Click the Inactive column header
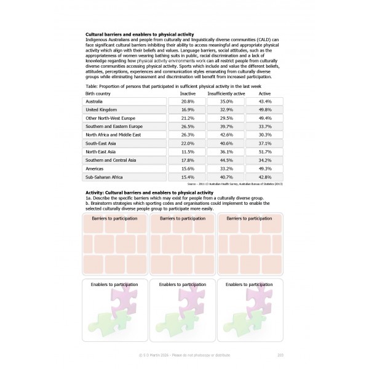click(179, 93)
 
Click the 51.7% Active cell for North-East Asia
click(265, 151)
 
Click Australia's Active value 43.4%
click(265, 100)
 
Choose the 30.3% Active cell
click(265, 134)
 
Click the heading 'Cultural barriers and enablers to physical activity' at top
click(139, 34)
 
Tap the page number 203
click(280, 355)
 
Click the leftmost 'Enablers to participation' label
click(114, 285)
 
